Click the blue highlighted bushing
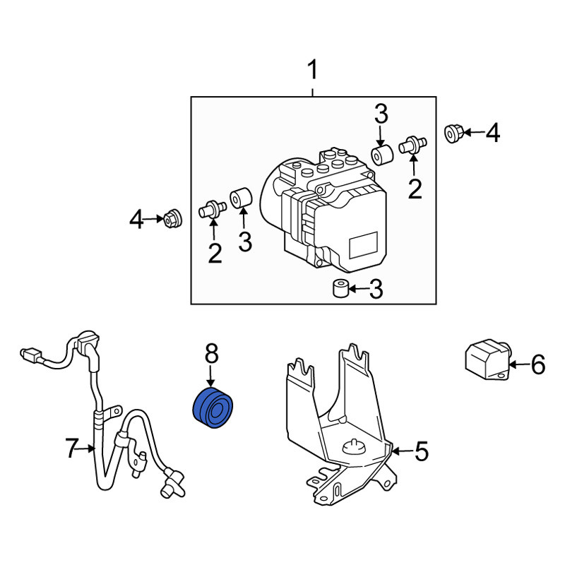coord(213,408)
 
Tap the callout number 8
coord(211,353)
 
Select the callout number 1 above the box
coord(313,70)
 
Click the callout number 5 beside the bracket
coord(421,451)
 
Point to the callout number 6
coord(538,364)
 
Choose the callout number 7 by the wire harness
coord(72,448)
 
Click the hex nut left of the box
coord(173,218)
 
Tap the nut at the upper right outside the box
coord(453,133)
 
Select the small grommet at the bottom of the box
coord(340,288)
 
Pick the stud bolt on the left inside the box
coord(213,209)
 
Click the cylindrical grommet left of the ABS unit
coord(241,198)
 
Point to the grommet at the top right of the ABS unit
coord(382,155)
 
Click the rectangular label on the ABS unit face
coord(364,245)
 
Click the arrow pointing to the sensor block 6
coord(519,364)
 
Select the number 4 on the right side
coord(493,133)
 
